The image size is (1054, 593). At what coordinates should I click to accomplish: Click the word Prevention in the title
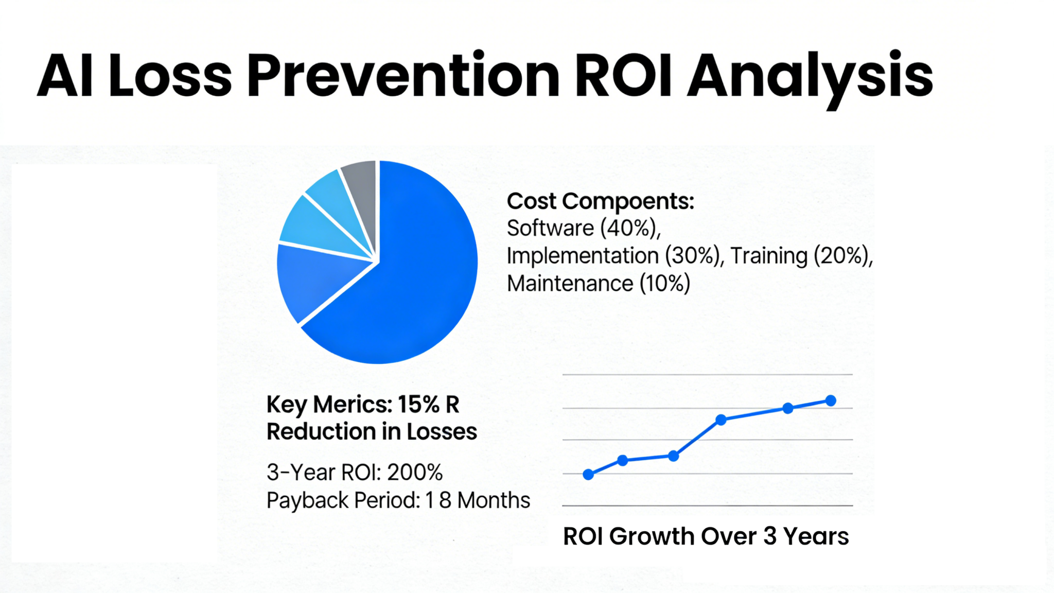[x=403, y=76]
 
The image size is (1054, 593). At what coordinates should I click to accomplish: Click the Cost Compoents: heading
[x=600, y=201]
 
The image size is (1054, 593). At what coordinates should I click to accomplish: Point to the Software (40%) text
[x=583, y=228]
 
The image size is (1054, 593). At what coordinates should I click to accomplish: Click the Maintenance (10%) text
[x=598, y=284]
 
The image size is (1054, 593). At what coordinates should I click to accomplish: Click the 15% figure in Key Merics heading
[x=418, y=405]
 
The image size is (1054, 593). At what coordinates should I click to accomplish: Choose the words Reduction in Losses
[x=372, y=431]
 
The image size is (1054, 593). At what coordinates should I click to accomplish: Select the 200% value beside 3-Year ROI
[x=414, y=473]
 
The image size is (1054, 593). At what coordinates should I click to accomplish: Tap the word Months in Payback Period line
[x=494, y=500]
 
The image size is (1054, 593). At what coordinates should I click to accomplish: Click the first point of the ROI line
[x=588, y=475]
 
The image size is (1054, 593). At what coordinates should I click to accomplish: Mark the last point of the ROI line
[x=831, y=400]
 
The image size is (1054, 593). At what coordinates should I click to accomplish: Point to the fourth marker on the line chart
[x=721, y=420]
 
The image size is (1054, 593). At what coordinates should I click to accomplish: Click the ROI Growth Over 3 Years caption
[x=706, y=536]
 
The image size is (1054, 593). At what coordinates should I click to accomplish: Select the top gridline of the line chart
[x=707, y=375]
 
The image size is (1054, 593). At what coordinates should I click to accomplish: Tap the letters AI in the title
[x=65, y=76]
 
